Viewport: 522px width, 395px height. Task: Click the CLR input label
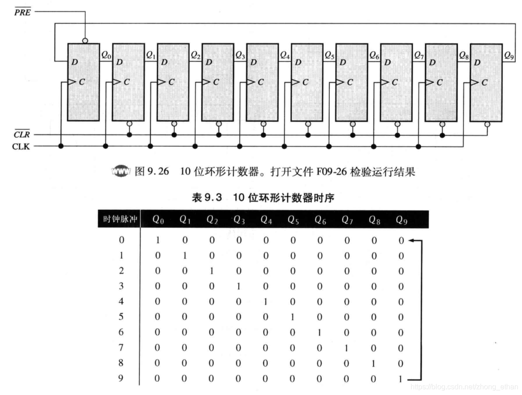pos(22,135)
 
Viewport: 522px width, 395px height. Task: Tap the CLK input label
pos(21,146)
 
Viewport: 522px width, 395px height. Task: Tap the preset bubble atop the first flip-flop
pos(85,41)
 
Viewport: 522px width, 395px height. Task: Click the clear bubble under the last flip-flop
pos(487,124)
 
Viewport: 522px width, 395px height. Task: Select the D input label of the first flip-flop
pos(73,62)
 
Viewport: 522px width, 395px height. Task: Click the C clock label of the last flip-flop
pos(484,82)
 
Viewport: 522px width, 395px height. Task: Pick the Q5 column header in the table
pos(293,220)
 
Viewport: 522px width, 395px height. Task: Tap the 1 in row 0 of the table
pos(158,241)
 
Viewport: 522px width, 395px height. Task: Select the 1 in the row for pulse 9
pos(401,379)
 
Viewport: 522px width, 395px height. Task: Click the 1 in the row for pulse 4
pos(266,302)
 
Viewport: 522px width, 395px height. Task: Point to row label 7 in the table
pos(121,348)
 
